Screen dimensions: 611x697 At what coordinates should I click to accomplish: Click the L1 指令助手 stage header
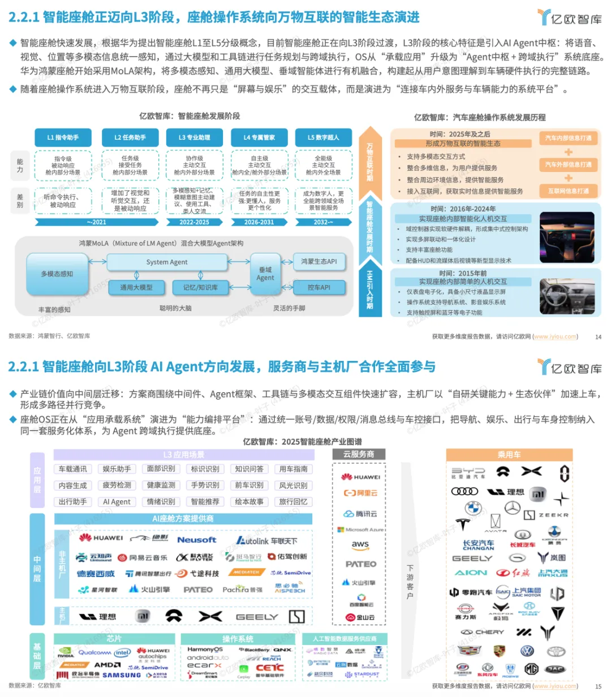(63, 137)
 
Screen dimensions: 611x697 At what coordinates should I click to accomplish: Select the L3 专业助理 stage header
(194, 137)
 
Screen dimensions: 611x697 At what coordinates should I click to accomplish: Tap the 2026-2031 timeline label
(259, 222)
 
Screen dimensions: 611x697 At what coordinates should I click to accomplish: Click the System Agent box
(166, 262)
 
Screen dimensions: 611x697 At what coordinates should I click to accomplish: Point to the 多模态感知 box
(57, 274)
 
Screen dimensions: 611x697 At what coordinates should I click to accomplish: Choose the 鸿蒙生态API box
(319, 261)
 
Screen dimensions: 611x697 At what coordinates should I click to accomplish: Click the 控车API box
(319, 287)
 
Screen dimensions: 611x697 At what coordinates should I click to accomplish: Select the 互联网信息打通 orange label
(568, 191)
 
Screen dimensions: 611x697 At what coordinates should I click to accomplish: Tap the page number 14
(598, 337)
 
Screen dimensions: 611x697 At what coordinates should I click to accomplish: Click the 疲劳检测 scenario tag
(117, 485)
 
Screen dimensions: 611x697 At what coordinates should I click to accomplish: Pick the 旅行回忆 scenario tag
(293, 502)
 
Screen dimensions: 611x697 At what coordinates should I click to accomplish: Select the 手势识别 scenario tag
(205, 485)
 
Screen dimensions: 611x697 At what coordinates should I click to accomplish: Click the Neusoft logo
(196, 540)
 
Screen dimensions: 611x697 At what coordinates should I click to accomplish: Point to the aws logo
(360, 544)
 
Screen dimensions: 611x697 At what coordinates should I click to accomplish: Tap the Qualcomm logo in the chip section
(94, 652)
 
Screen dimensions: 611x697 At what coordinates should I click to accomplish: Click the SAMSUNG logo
(122, 675)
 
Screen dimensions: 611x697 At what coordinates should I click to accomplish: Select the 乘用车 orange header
(509, 454)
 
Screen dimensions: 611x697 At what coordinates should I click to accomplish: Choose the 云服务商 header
(359, 454)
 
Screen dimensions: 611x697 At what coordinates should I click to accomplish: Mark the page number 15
(598, 686)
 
